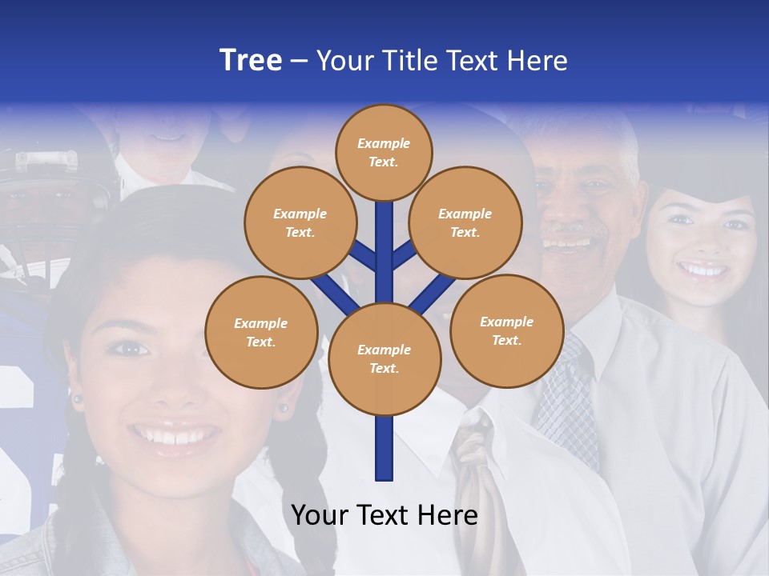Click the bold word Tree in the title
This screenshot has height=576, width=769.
coord(251,61)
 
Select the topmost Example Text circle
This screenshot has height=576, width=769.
coord(384,152)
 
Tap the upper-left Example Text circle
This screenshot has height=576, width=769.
coord(300,222)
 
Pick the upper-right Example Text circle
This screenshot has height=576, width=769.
coord(465,222)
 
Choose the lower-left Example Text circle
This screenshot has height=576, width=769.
coord(261,332)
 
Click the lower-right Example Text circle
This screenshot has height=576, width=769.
coord(506,330)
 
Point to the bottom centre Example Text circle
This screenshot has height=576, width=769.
coord(384,359)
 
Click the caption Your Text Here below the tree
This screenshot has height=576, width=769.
coord(384,516)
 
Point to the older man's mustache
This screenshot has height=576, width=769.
coord(570,232)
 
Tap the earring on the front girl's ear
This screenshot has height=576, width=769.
coord(283,408)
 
